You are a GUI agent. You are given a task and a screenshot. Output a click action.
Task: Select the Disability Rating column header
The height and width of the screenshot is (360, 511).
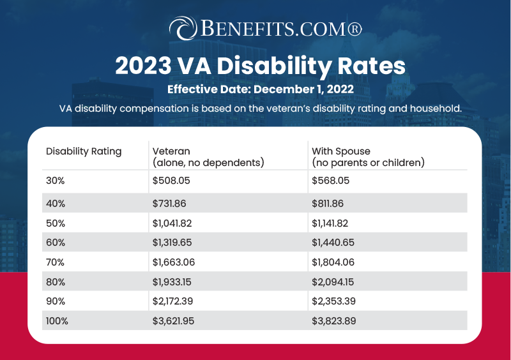pyautogui.click(x=84, y=152)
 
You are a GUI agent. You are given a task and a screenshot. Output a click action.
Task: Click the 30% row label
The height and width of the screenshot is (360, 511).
pyautogui.click(x=56, y=181)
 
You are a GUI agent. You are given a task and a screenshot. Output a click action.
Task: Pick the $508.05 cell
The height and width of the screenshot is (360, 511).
pyautogui.click(x=171, y=181)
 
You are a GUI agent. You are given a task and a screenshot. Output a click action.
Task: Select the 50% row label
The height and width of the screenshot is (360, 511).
pyautogui.click(x=56, y=223)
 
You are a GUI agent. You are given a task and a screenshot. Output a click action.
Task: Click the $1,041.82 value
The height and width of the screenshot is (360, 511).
pyautogui.click(x=176, y=223)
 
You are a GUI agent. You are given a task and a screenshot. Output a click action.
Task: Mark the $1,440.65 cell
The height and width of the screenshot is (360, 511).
pyautogui.click(x=335, y=243)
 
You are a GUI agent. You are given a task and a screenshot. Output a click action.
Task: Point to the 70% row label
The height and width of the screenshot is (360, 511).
pyautogui.click(x=56, y=263)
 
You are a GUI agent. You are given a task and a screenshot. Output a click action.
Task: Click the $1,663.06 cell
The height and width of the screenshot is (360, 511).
pyautogui.click(x=176, y=263)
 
